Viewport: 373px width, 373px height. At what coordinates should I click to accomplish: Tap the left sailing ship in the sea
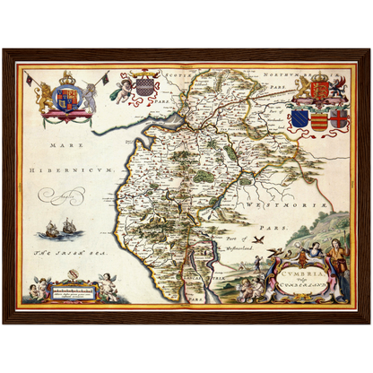47,230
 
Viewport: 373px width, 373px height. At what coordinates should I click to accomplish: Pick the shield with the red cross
338,118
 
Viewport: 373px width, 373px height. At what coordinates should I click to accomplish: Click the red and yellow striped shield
318,119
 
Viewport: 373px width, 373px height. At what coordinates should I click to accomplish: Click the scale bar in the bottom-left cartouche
74,291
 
